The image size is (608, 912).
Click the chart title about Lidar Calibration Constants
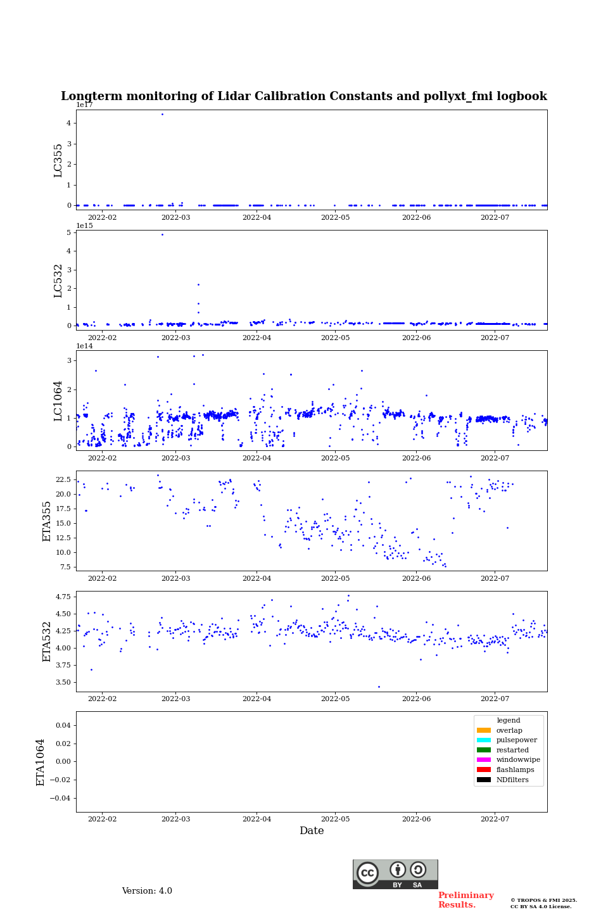click(304, 96)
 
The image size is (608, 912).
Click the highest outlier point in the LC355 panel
click(162, 115)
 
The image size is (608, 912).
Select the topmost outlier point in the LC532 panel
click(162, 235)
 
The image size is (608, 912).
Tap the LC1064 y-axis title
click(58, 401)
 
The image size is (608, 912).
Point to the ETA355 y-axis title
click(47, 521)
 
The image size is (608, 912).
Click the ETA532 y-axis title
click(47, 642)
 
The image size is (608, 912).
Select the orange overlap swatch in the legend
click(484, 730)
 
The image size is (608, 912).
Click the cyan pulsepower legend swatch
click(484, 740)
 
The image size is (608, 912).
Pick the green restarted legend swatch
click(484, 750)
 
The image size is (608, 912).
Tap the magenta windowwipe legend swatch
click(484, 760)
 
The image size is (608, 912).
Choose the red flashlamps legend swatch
click(484, 769)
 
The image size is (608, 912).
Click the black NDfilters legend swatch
click(484, 780)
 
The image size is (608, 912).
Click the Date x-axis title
click(312, 831)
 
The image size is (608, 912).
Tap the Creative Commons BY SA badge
click(395, 874)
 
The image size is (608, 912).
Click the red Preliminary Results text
click(465, 900)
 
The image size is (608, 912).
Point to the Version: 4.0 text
click(147, 891)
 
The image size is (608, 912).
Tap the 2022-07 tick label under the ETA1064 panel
click(495, 819)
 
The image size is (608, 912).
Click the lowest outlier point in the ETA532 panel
click(379, 687)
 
